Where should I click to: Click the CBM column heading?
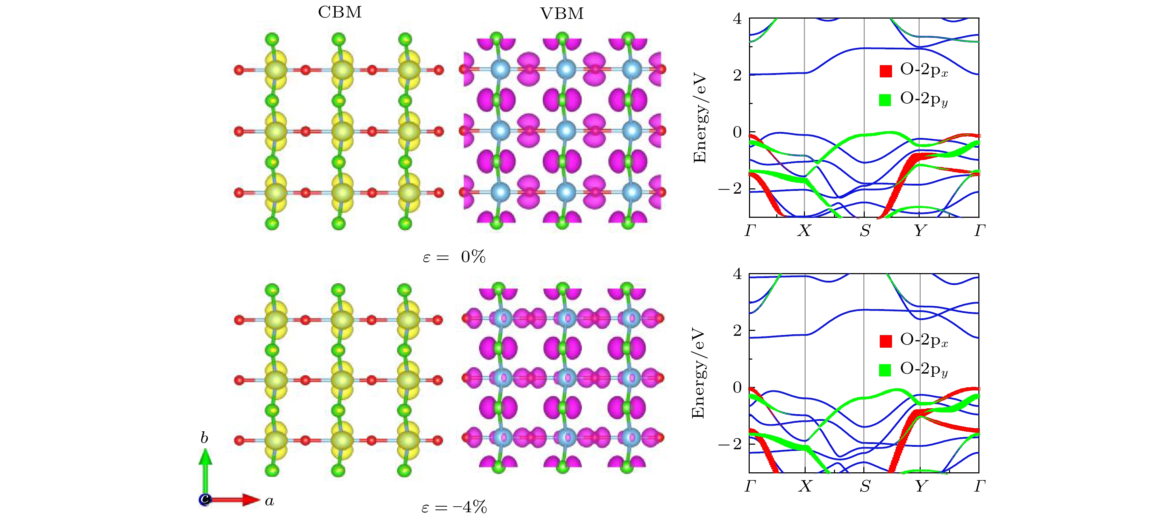click(x=340, y=12)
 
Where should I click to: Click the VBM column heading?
click(x=562, y=14)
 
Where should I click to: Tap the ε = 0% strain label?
click(x=454, y=258)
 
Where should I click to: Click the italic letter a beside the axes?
click(x=269, y=501)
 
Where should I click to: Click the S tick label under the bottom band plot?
click(x=865, y=486)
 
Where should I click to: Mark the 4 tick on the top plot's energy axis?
click(x=737, y=19)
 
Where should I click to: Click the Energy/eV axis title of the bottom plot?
click(x=698, y=374)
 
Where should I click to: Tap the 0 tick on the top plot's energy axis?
click(x=737, y=132)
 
